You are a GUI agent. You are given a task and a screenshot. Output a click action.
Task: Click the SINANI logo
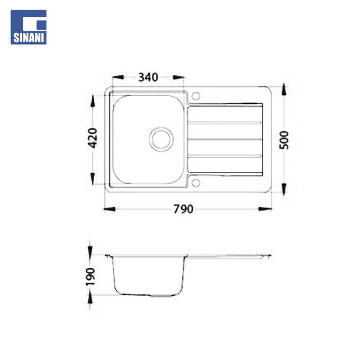click(x=28, y=27)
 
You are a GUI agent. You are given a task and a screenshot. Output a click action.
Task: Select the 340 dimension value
click(x=148, y=77)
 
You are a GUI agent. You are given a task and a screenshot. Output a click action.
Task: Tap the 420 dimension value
click(x=92, y=138)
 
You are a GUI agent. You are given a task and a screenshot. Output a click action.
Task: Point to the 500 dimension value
click(x=284, y=140)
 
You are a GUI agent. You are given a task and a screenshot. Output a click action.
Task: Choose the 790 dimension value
click(x=183, y=209)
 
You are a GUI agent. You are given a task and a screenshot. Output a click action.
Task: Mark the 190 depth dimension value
click(x=91, y=276)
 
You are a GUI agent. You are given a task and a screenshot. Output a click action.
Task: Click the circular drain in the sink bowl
click(x=161, y=139)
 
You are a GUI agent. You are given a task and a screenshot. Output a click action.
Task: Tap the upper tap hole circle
click(x=195, y=95)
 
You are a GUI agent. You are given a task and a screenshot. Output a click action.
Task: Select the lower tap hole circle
click(x=195, y=183)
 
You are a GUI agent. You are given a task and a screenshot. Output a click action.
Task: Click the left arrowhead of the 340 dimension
click(x=118, y=77)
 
